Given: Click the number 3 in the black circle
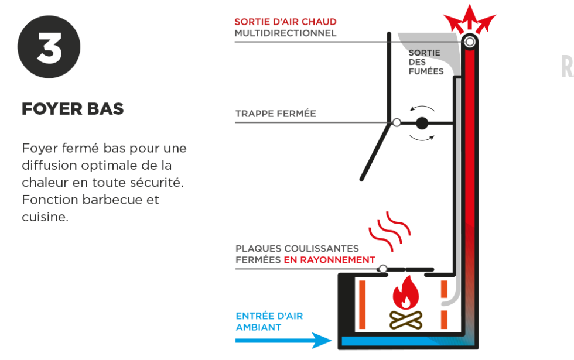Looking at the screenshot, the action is [x=49, y=47].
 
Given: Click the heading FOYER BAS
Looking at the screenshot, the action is [x=73, y=109].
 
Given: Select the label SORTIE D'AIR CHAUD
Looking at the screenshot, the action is [x=286, y=22].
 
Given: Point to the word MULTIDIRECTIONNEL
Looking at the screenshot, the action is [x=286, y=33].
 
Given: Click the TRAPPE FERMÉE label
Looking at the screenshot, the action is [x=276, y=114].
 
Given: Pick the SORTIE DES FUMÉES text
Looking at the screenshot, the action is [x=426, y=62].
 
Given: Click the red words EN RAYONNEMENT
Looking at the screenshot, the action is [x=329, y=260].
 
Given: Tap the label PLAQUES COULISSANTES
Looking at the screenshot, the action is [x=298, y=248].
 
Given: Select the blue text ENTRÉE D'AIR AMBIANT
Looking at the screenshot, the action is [x=269, y=321].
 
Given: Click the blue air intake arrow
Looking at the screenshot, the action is [x=283, y=341].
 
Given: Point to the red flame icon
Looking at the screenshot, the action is [x=405, y=293].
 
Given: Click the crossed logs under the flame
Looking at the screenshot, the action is [x=405, y=320].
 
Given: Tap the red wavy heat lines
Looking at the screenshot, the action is [x=389, y=231].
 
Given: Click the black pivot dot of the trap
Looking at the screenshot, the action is [x=422, y=124].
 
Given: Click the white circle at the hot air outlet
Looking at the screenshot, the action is [x=470, y=42].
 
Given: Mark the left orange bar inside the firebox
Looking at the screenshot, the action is [x=363, y=305].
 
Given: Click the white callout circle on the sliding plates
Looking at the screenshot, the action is [x=383, y=269].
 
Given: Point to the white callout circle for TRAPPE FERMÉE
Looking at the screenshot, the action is [x=397, y=122].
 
